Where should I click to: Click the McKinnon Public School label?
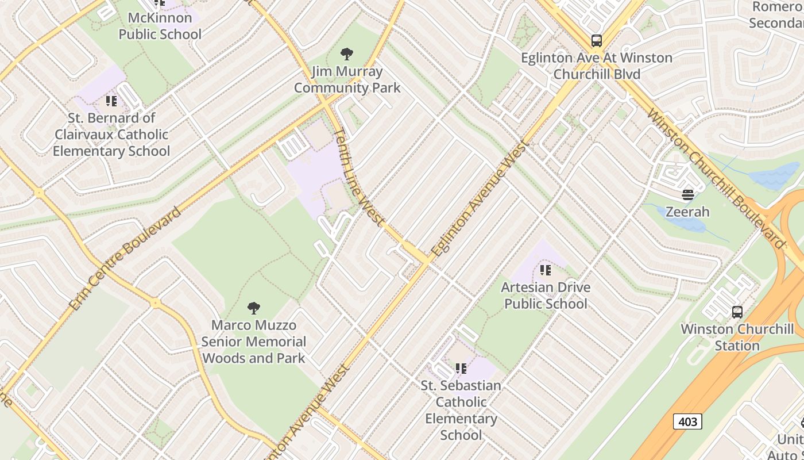tap(160, 26)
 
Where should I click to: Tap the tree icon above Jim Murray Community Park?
tap(346, 55)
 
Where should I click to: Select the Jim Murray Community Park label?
tap(347, 80)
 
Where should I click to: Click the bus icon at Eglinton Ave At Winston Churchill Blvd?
tap(597, 41)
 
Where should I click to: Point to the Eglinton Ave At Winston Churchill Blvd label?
tap(596, 66)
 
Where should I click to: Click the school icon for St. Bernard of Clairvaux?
tap(111, 101)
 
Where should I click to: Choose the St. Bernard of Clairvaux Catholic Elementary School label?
tap(111, 135)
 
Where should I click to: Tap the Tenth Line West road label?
tap(358, 176)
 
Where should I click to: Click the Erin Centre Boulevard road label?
tap(125, 258)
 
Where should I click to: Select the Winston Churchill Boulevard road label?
tap(714, 178)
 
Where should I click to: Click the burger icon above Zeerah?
tap(688, 195)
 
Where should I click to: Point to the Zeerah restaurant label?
tap(687, 212)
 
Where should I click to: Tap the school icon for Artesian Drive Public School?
tap(546, 270)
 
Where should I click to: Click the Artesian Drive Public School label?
tap(546, 295)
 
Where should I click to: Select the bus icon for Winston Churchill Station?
tap(737, 312)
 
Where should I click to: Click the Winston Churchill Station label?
tap(737, 338)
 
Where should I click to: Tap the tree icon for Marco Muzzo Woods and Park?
tap(253, 308)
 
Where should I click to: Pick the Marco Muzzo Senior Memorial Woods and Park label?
tap(253, 342)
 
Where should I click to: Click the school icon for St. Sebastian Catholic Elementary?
tap(461, 368)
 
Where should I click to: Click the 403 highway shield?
tap(687, 421)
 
